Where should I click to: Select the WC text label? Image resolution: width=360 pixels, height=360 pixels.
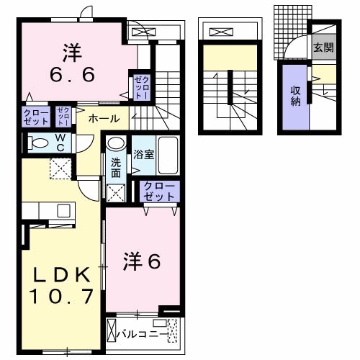[x=60, y=142]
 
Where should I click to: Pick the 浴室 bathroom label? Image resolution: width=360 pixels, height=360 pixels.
[x=140, y=153]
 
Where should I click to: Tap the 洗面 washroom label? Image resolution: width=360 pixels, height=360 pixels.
[x=115, y=167]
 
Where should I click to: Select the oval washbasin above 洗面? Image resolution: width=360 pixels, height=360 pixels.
[x=115, y=145]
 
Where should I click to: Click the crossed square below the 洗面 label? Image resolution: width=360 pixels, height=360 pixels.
[x=115, y=192]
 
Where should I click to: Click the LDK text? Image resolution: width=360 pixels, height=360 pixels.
[x=60, y=275]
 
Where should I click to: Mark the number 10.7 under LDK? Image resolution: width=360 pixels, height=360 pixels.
[x=60, y=295]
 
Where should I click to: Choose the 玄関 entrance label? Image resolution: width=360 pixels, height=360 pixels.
[x=323, y=48]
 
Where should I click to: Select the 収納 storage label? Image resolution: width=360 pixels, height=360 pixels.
[x=295, y=96]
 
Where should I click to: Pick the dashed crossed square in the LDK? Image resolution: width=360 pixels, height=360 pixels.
[x=60, y=169]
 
